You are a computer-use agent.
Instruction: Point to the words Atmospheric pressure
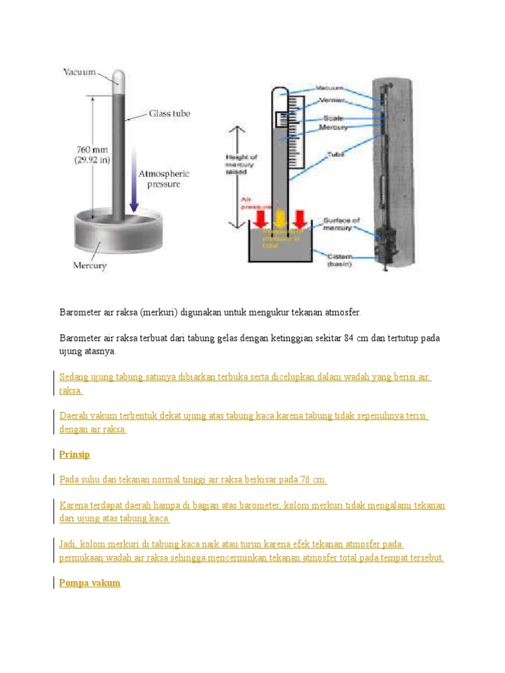click(x=163, y=179)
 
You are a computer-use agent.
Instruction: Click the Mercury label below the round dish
click(x=89, y=266)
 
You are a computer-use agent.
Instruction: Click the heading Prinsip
click(x=74, y=455)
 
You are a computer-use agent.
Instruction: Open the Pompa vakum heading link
click(x=89, y=583)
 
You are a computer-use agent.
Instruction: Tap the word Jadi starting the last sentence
click(x=68, y=545)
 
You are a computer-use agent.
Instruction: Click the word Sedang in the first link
click(x=74, y=377)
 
